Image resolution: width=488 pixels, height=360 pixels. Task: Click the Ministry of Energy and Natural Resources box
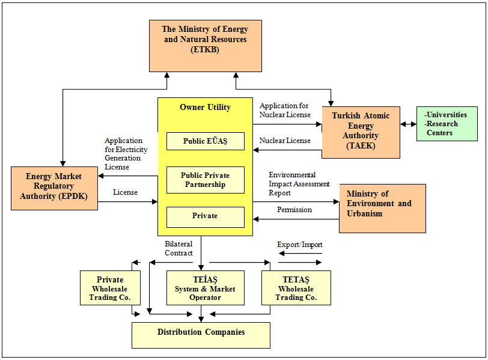(206, 46)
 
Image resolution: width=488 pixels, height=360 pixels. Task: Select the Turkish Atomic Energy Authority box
(361, 133)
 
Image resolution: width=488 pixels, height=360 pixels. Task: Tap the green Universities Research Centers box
(447, 124)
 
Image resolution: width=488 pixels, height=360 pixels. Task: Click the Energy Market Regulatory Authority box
(55, 188)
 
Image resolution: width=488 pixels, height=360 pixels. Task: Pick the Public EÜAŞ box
(206, 141)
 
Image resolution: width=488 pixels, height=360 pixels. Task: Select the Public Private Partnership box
(206, 180)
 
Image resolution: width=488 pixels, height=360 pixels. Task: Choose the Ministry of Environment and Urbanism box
(382, 209)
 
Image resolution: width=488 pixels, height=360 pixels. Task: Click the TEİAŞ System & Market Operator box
(206, 288)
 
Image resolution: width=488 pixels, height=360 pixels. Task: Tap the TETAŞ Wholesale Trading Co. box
(296, 288)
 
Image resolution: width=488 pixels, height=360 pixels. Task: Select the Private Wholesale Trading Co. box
(110, 288)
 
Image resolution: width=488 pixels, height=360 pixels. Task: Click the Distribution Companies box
(201, 335)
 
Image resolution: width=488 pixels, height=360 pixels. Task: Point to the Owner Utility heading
(206, 108)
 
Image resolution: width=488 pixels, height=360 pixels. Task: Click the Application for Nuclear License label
(285, 110)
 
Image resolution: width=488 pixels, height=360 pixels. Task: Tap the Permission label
(294, 210)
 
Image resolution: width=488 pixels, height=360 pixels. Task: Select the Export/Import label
(300, 245)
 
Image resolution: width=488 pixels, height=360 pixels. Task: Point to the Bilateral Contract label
(178, 248)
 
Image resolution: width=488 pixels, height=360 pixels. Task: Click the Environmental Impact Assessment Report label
(299, 184)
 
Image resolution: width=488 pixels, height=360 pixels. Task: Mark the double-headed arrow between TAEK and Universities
(408, 124)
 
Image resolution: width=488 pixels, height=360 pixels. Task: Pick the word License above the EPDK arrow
(125, 192)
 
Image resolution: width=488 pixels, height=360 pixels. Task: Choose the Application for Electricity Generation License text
(126, 154)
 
